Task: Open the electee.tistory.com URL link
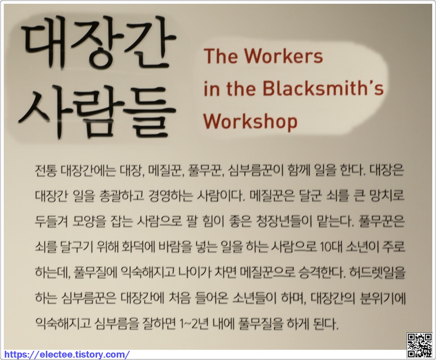[x=67, y=354]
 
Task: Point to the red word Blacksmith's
[x=323, y=88]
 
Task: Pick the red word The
[x=221, y=56]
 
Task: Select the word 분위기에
[x=383, y=298]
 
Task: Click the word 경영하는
[x=171, y=196]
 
